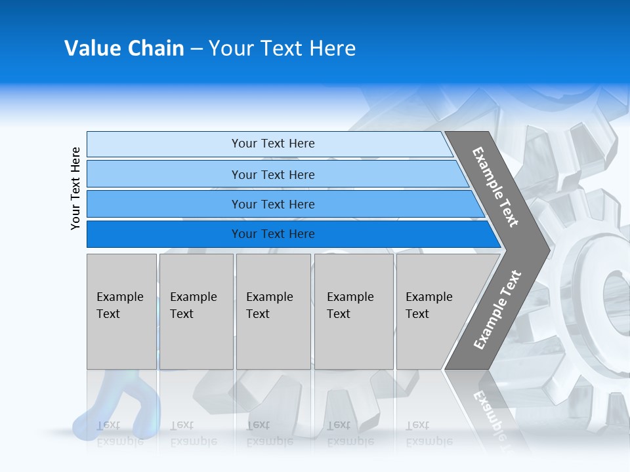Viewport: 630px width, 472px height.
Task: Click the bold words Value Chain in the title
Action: click(x=124, y=49)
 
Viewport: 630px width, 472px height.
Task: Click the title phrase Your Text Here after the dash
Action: click(x=282, y=49)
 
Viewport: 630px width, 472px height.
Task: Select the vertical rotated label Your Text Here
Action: click(x=75, y=188)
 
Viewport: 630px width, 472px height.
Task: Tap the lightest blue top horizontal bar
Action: click(x=272, y=144)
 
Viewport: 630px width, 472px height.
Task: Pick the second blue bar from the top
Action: click(x=272, y=174)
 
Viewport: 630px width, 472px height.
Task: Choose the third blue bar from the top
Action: click(x=272, y=204)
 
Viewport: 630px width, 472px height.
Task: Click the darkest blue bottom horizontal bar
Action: click(x=272, y=234)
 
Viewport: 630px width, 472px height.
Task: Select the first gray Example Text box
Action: click(x=121, y=311)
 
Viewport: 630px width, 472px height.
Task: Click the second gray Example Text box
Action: click(x=196, y=311)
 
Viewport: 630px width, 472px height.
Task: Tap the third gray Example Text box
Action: click(x=272, y=311)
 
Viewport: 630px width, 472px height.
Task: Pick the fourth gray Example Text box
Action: click(x=353, y=311)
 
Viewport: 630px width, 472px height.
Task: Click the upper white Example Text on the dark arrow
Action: click(x=495, y=187)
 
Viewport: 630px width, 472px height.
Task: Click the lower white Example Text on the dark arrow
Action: click(x=497, y=310)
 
